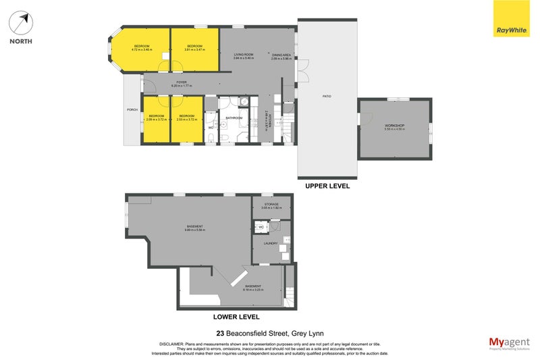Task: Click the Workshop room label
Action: click(x=394, y=126)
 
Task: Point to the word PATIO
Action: click(x=327, y=97)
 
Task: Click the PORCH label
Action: click(x=132, y=109)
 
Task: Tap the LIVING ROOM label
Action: click(x=243, y=55)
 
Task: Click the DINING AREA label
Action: click(x=281, y=55)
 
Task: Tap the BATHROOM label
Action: click(x=234, y=118)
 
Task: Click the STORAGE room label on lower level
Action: click(x=271, y=203)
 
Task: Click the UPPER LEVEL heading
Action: click(x=327, y=186)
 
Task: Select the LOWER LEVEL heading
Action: click(x=236, y=316)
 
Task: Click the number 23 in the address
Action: click(x=220, y=332)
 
